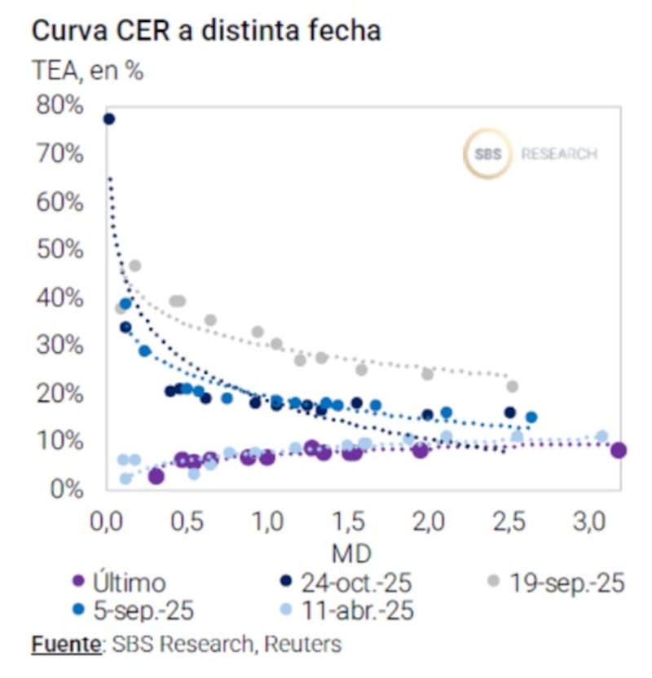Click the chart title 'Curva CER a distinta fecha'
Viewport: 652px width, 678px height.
[206, 32]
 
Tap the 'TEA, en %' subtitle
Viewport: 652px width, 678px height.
[88, 72]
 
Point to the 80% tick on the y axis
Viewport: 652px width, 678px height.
[59, 106]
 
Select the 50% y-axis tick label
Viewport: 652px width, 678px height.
[59, 249]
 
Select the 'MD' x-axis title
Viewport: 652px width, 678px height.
[352, 554]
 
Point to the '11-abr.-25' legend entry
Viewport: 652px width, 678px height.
[357, 610]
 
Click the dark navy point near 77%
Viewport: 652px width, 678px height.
[108, 120]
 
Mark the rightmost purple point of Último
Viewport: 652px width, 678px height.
[619, 451]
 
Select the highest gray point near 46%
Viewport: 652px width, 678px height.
[135, 266]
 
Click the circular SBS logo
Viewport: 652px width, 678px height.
[487, 153]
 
